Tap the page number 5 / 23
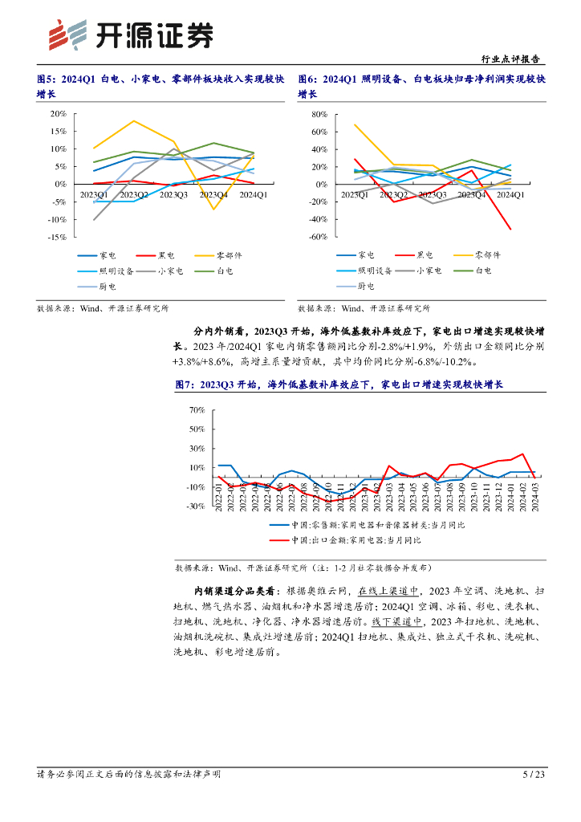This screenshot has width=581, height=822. (534, 774)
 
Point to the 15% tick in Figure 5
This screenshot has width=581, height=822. (58, 131)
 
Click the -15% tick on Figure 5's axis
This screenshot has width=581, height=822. (56, 237)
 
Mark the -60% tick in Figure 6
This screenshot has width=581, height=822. (318, 237)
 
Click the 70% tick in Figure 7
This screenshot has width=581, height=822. (197, 409)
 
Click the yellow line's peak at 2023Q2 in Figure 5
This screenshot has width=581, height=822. (134, 121)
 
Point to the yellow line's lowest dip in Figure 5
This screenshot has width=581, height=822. (214, 210)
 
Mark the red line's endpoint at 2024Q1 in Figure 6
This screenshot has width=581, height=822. (510, 230)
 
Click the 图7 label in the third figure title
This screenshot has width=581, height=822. (185, 385)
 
